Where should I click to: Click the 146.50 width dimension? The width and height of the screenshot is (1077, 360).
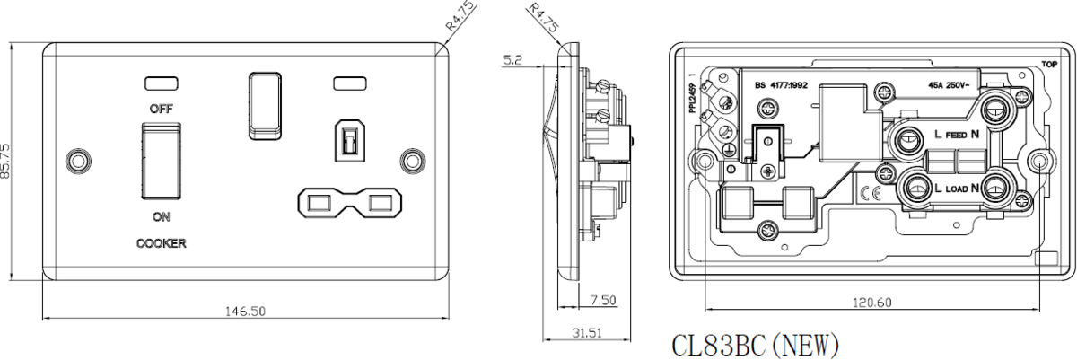click(x=245, y=311)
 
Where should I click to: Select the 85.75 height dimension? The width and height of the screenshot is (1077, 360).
click(x=7, y=161)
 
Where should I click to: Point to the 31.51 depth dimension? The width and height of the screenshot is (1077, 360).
click(x=587, y=332)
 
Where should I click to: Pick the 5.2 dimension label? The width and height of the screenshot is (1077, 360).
click(x=513, y=60)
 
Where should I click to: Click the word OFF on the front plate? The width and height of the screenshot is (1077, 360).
click(x=161, y=108)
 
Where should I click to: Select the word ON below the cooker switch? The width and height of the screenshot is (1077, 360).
click(x=161, y=217)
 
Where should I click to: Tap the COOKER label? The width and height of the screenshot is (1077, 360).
click(x=161, y=243)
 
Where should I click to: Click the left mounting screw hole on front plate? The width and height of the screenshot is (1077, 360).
click(x=78, y=160)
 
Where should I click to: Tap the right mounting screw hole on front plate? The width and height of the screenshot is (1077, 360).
click(x=413, y=160)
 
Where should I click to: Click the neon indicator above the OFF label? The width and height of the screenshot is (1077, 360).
click(x=161, y=84)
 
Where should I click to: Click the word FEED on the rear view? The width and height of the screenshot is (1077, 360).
click(x=955, y=136)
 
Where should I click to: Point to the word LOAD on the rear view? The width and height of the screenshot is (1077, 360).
click(x=955, y=190)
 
